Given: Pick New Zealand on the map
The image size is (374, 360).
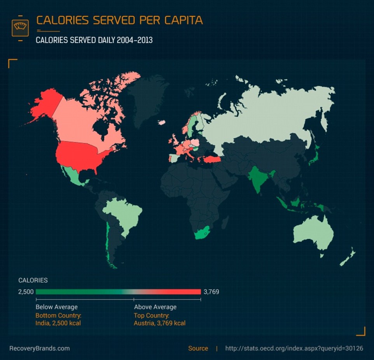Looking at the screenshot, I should click(x=348, y=257).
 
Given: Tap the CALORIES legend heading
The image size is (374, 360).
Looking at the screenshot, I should click(x=33, y=280).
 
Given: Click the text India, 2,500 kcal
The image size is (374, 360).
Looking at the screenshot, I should click(x=58, y=323).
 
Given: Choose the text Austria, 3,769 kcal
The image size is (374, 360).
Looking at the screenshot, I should click(x=159, y=323).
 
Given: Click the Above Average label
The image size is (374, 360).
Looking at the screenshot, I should click(x=155, y=307).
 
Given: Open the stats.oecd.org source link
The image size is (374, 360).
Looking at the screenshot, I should click(x=294, y=348).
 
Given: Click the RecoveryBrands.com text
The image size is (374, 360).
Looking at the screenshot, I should click(x=39, y=348).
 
